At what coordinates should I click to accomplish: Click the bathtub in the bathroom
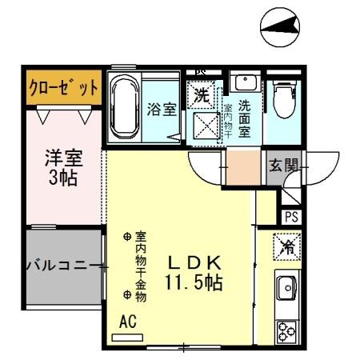coord(124,106)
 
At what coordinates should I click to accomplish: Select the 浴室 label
coord(162,110)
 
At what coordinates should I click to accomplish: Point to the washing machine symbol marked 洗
coord(202,94)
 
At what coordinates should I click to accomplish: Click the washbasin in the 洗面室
coord(244,82)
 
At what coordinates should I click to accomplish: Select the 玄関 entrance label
coord(283,166)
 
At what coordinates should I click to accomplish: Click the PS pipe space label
coord(290,216)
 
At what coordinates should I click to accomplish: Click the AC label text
coord(126,321)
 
